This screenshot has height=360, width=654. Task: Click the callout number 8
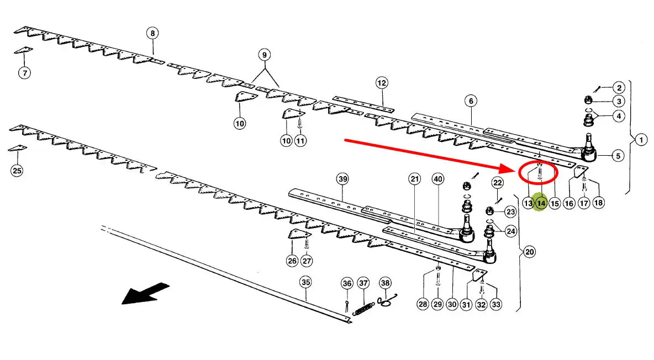[x=152, y=33]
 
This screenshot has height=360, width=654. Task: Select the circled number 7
[x=24, y=72]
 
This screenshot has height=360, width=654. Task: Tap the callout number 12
[x=382, y=83]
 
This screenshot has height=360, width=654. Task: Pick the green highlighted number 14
[x=541, y=203]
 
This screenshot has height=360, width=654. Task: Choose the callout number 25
[x=17, y=171]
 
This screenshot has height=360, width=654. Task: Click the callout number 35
[x=305, y=282]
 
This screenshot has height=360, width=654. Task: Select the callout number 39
[x=343, y=179]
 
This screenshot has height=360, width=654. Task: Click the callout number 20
[x=529, y=252]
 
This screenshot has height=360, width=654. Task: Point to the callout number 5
[x=618, y=156]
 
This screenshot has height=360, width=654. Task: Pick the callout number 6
[x=470, y=101]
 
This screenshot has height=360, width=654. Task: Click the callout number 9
[x=264, y=55]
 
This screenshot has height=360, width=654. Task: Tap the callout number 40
[x=438, y=179]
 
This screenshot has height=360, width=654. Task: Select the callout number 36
[x=347, y=283]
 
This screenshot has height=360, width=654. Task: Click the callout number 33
[x=495, y=304]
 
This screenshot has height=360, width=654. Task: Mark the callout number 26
[x=292, y=261]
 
